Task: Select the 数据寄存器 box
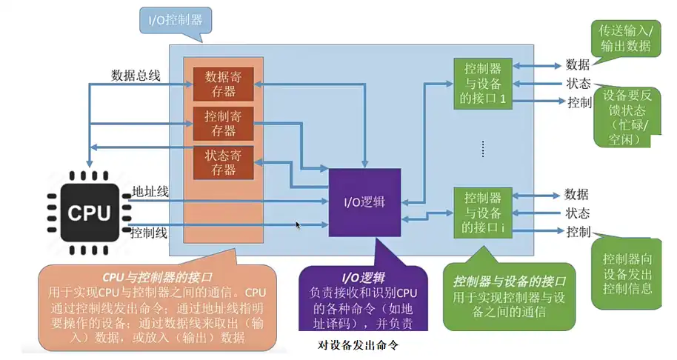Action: click(224, 83)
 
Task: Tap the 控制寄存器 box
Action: click(224, 123)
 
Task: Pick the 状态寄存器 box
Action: click(224, 162)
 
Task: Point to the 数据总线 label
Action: click(136, 75)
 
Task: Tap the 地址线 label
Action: click(150, 192)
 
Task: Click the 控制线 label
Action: click(149, 233)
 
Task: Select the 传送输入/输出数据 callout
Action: click(625, 38)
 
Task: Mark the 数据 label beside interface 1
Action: click(577, 64)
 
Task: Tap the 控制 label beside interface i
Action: click(578, 233)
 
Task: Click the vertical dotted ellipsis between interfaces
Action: click(482, 148)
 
